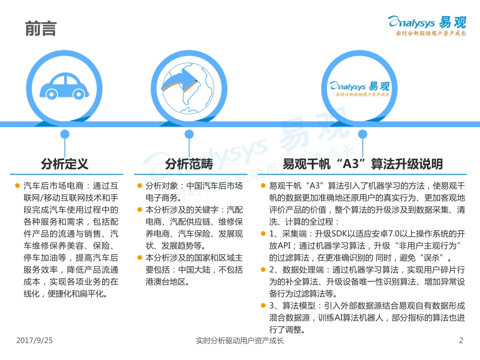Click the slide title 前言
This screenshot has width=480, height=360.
[x=41, y=29]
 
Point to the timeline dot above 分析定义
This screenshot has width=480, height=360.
[x=64, y=134]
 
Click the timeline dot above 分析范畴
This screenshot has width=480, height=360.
[x=189, y=134]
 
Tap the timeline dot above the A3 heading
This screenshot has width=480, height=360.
[x=362, y=134]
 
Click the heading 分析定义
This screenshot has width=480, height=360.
[x=65, y=164]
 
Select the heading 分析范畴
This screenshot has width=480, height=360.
[x=189, y=164]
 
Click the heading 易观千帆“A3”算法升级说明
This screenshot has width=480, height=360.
[x=362, y=164]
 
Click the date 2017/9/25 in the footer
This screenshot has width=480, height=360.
[x=34, y=341]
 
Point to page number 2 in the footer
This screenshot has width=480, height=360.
[x=461, y=341]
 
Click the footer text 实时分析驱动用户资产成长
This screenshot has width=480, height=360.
[x=239, y=341]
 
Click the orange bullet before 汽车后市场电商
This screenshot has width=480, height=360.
[x=18, y=186]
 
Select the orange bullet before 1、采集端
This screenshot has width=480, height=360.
[x=263, y=234]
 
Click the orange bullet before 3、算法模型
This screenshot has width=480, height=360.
[x=263, y=306]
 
